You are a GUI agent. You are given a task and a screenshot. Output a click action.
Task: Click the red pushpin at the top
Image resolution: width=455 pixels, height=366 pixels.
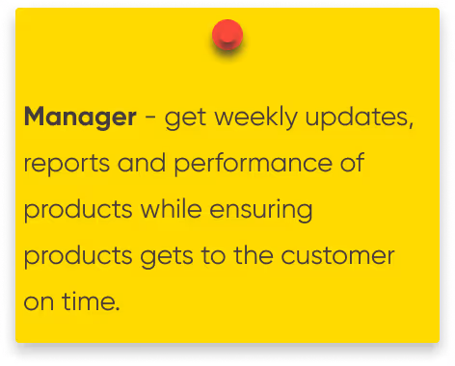pos(227,37)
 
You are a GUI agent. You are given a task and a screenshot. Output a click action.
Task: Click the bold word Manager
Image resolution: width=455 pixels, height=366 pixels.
pos(80,118)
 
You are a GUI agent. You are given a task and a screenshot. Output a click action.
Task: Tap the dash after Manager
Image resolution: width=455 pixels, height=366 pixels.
pos(151,119)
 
